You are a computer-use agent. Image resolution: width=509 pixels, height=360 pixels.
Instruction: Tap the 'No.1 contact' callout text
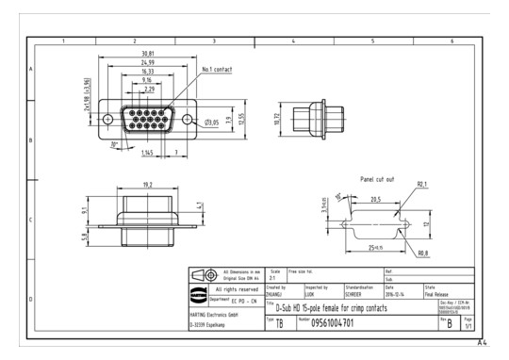[x=217, y=70]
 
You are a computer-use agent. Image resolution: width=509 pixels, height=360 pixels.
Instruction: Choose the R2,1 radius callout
[x=424, y=185]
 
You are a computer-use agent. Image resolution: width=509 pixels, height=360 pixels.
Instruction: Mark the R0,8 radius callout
[x=421, y=254]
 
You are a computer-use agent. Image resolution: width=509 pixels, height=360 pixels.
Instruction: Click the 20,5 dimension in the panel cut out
[x=375, y=199]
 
